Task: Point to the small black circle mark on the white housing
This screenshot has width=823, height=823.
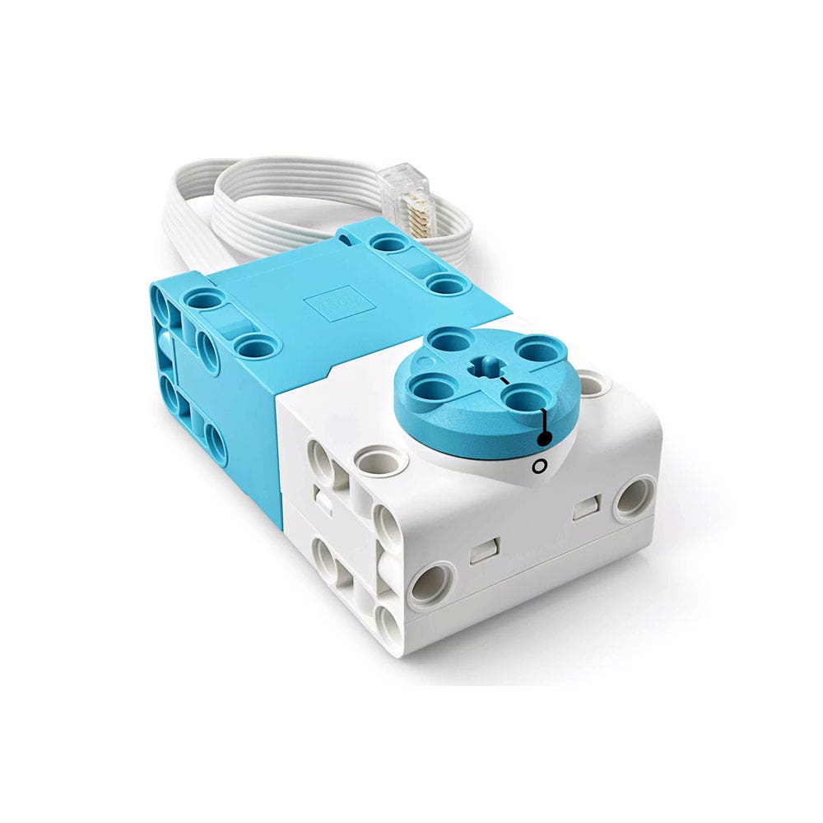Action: pos(539,467)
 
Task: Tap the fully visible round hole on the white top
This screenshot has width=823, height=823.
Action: pos(381,458)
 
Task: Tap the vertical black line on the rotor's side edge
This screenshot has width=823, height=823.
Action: pos(544,425)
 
